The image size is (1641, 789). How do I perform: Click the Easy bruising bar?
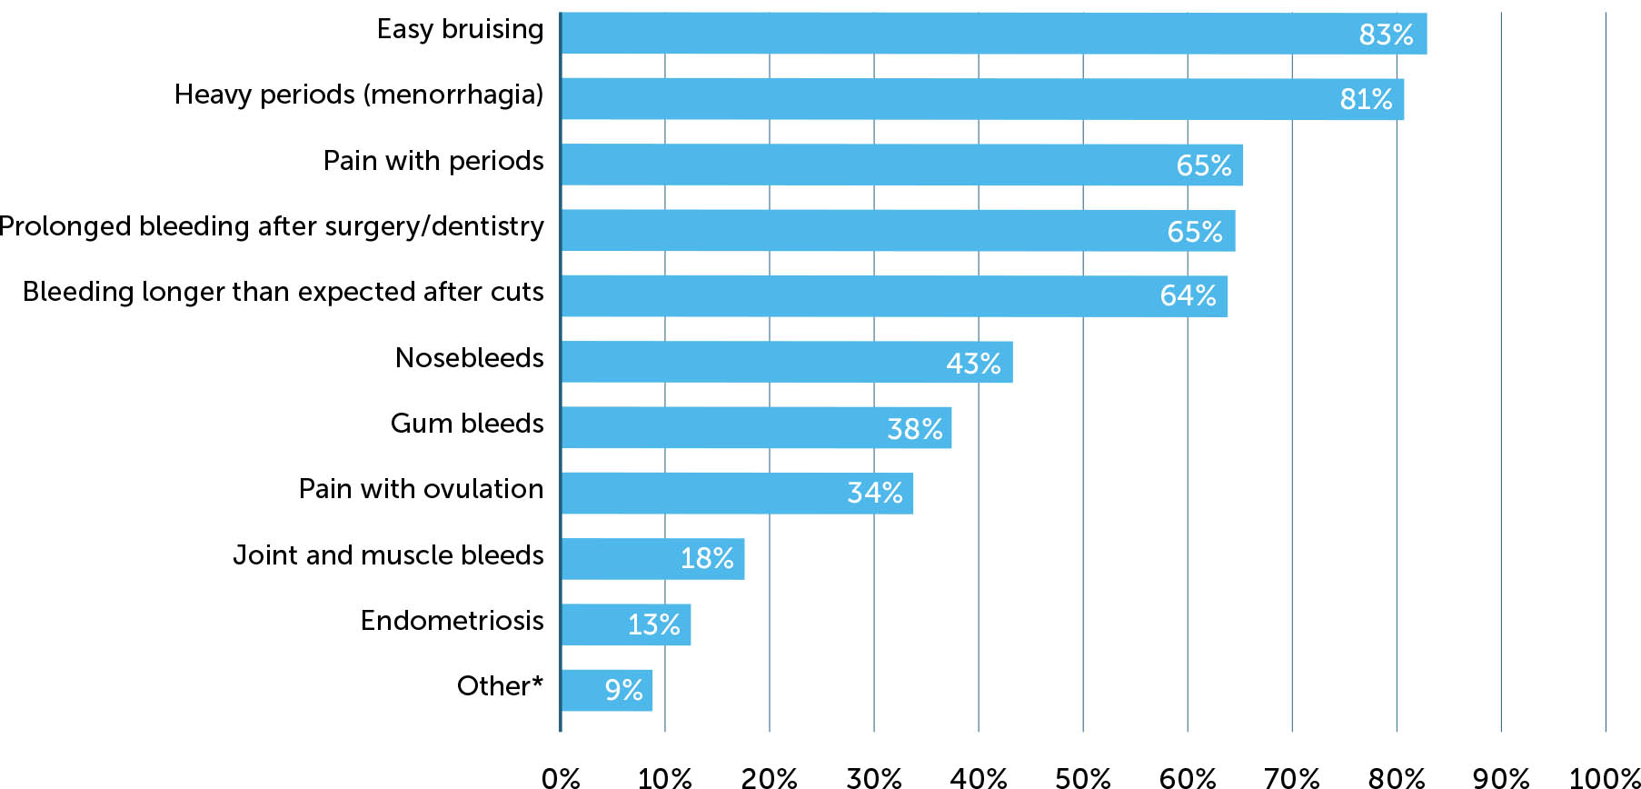click(x=993, y=34)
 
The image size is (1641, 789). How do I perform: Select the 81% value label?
click(x=1366, y=99)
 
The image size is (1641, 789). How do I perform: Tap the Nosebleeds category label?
click(x=469, y=358)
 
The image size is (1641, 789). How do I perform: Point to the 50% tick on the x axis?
click(x=1082, y=777)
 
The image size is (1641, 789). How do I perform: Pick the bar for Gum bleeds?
click(x=756, y=427)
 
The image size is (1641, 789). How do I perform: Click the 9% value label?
click(x=623, y=690)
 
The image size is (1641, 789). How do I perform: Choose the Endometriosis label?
click(x=452, y=621)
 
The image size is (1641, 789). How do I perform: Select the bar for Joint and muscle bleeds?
click(x=652, y=558)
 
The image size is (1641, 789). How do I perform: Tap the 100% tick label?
click(x=1604, y=777)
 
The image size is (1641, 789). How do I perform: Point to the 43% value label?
click(x=973, y=364)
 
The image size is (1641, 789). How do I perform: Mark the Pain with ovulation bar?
click(x=736, y=493)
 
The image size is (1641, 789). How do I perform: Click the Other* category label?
click(x=500, y=686)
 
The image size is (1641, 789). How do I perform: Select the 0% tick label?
click(x=561, y=777)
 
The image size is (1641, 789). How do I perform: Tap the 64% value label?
click(x=1188, y=295)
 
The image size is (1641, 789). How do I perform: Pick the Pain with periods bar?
click(x=901, y=165)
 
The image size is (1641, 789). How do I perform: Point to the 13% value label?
click(x=653, y=624)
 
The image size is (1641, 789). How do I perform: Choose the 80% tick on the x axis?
click(x=1396, y=777)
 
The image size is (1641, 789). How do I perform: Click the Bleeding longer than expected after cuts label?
click(x=283, y=292)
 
